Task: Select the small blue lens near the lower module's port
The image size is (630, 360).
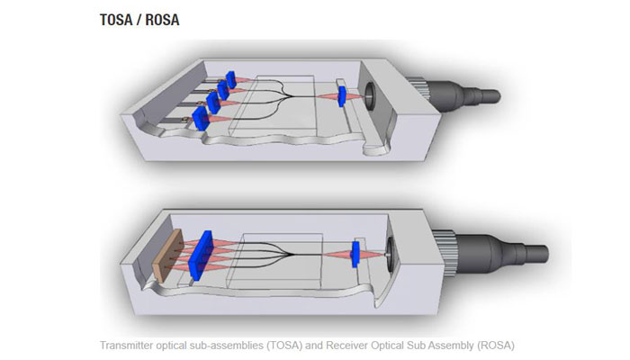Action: point(356,253)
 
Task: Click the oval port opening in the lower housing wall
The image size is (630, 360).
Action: point(391,255)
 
